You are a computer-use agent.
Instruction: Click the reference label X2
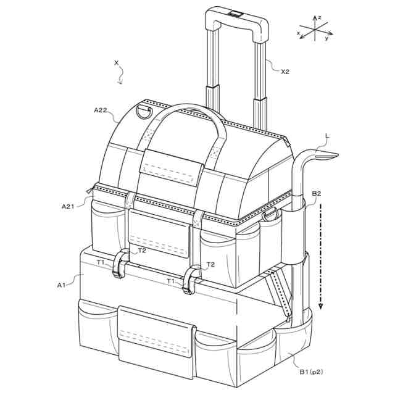(x=285, y=72)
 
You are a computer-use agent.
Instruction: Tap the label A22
(x=101, y=110)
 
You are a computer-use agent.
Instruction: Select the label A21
(x=68, y=207)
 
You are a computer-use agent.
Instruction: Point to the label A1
(x=61, y=285)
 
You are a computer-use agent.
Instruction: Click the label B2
(x=317, y=193)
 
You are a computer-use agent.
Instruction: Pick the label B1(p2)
(x=311, y=372)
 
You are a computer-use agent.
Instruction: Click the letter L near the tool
(x=327, y=136)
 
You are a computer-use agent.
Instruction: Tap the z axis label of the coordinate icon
(x=319, y=17)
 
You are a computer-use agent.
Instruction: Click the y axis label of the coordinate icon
(x=326, y=38)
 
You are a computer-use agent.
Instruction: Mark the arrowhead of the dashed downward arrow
(x=320, y=306)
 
